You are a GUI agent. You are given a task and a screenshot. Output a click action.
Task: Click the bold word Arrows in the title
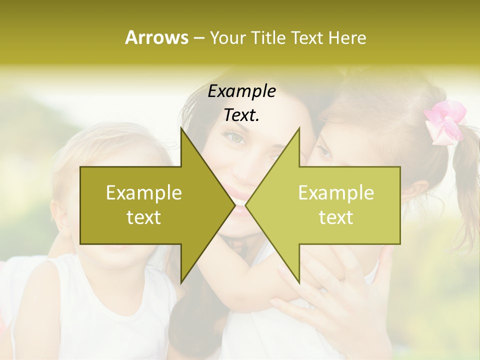tap(156, 37)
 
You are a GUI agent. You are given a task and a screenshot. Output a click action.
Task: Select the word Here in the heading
tap(347, 37)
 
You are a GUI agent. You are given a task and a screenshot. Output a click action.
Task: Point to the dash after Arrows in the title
tap(198, 38)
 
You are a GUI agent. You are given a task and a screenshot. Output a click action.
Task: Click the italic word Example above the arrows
tap(242, 91)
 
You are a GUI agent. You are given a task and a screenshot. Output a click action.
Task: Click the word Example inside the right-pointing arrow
tap(144, 193)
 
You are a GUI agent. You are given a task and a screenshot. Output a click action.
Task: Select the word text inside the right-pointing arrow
tap(144, 217)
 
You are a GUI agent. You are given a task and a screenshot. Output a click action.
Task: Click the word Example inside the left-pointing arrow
tap(336, 193)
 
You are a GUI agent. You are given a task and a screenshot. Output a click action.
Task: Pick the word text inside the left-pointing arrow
tap(336, 217)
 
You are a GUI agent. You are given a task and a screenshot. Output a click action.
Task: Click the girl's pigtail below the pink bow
tap(465, 165)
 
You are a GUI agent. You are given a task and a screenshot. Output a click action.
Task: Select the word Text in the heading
tap(307, 37)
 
